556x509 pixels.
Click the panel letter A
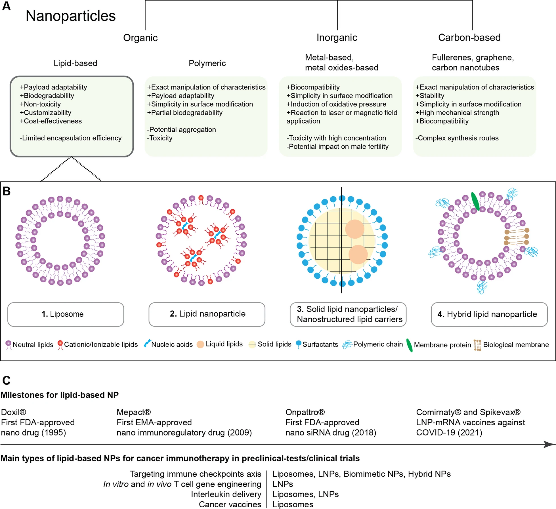coord(6,6)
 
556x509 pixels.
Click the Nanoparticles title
coord(71,16)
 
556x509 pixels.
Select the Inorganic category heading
coord(337,37)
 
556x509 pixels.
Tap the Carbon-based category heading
coord(469,37)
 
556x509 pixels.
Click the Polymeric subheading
coord(207,63)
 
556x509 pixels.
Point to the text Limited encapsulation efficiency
coord(71,138)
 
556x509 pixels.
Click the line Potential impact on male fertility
coord(337,146)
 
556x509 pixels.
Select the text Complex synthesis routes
coord(457,138)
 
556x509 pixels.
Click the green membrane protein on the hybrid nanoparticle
coord(475,201)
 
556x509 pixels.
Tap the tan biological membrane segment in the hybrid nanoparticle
coord(516,236)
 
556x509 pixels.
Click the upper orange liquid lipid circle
coord(354,229)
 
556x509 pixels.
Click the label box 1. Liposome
coord(66,314)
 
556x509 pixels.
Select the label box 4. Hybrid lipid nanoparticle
coord(489,314)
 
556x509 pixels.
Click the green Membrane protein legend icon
coord(409,345)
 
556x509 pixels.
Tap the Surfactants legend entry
coord(317,344)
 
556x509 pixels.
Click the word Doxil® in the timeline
coord(14,412)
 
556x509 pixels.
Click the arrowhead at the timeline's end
coord(549,444)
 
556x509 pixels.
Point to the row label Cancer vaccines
coord(230,504)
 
